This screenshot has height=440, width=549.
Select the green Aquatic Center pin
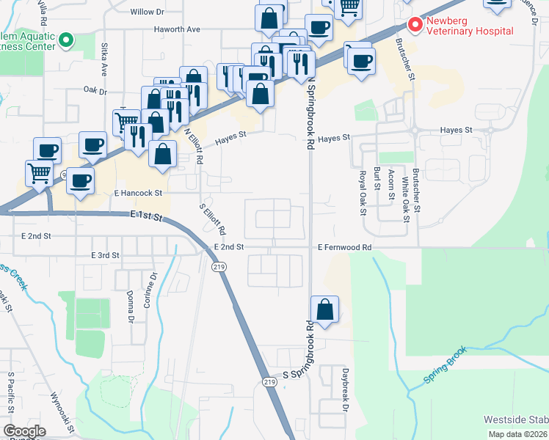pos(65,40)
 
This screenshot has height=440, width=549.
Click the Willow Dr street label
pos(147,12)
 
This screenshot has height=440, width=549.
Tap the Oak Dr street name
pos(95,91)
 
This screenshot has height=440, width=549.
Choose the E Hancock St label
pos(137,193)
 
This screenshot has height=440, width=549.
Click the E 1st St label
pos(145,217)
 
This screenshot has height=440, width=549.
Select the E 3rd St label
pos(105,255)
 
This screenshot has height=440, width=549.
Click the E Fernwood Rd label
pos(344,248)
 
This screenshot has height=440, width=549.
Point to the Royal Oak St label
pos(363,192)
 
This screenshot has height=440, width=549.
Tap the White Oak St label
pos(404,194)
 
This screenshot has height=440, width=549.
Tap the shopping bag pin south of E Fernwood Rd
pos(324,309)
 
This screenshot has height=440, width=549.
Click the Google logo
pos(24,430)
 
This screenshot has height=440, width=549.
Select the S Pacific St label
pos(11,393)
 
